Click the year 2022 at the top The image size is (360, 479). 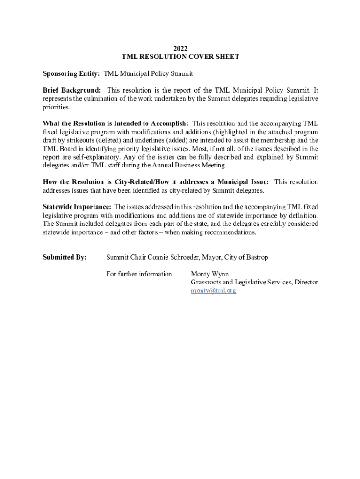(180, 49)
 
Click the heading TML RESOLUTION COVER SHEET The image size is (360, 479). (180, 57)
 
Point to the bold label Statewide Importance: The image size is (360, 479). (77, 207)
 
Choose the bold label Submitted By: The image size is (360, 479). (65, 257)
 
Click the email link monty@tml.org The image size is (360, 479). (213, 290)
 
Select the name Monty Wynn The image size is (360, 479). (210, 274)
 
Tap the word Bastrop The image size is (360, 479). (256, 257)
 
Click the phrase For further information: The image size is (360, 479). (140, 274)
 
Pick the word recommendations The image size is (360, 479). (229, 232)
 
